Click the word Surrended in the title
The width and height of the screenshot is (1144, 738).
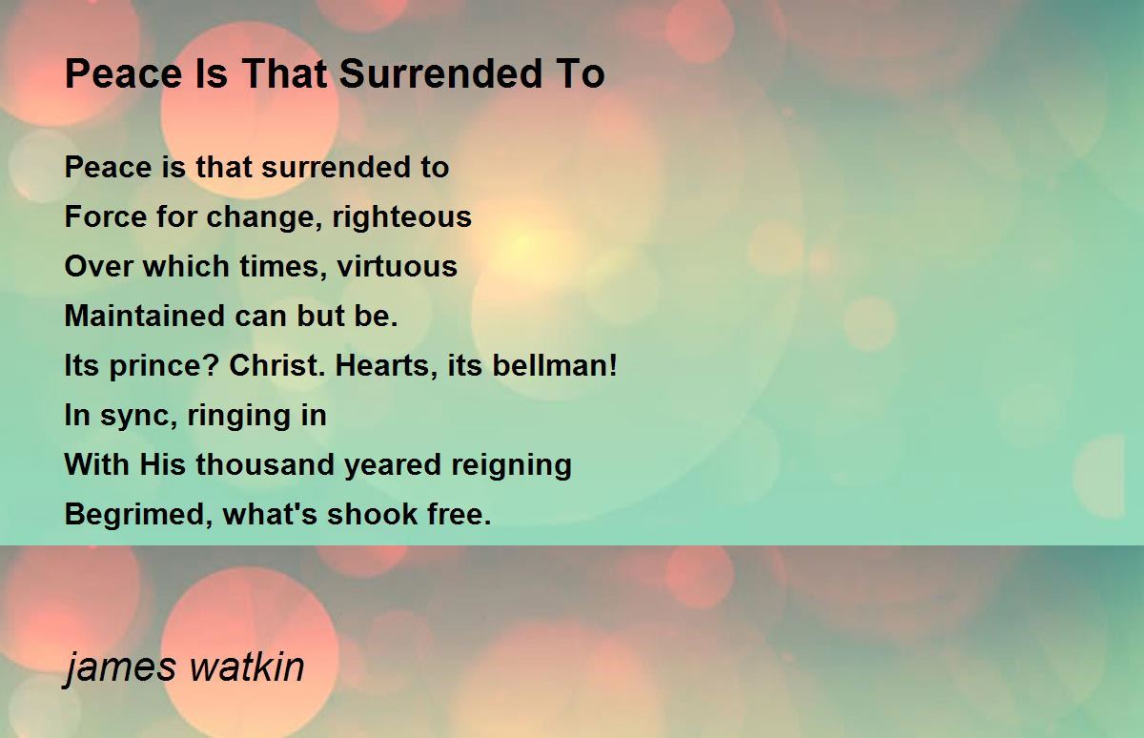439,73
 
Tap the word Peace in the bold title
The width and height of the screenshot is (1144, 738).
124,73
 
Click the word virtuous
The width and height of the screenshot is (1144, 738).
397,266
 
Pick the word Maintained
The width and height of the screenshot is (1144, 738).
145,316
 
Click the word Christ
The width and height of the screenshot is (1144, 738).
276,365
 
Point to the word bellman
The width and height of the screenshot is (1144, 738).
555,365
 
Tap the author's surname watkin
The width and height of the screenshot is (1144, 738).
247,666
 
